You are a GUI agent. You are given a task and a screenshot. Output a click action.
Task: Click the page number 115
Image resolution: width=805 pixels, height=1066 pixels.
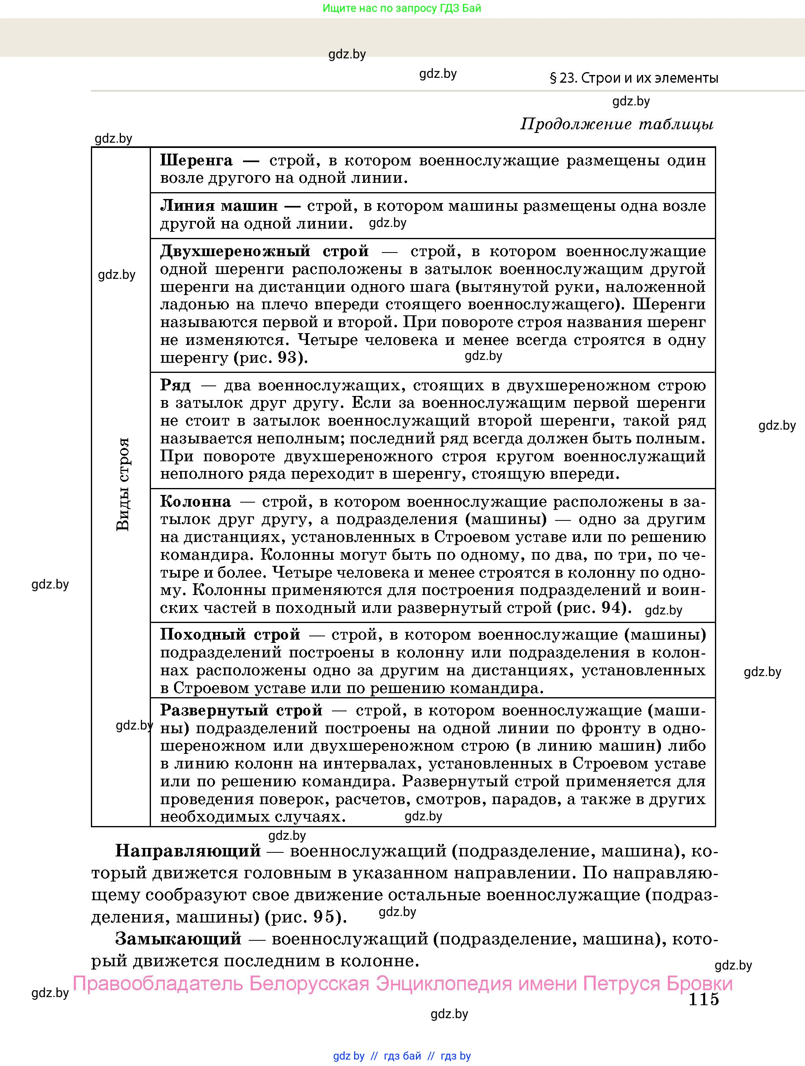[x=704, y=999]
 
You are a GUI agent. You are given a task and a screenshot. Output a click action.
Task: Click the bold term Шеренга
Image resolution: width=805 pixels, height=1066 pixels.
[x=196, y=160]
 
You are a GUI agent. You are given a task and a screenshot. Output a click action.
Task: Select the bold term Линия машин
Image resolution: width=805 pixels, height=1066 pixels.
[x=218, y=206]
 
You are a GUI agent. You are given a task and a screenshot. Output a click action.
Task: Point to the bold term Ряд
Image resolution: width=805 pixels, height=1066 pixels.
[x=176, y=385]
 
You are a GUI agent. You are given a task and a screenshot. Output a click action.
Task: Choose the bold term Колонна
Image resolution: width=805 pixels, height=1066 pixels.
[x=195, y=502]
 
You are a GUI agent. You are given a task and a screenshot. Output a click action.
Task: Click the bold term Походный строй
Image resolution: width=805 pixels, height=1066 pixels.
[x=230, y=634]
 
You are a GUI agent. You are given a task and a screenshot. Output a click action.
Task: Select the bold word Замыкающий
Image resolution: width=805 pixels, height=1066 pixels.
[x=178, y=938]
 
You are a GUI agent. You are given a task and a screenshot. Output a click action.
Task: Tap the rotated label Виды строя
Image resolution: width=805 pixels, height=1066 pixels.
[x=123, y=484]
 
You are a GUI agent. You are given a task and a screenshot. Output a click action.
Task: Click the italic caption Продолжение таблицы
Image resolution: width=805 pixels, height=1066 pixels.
[x=617, y=124]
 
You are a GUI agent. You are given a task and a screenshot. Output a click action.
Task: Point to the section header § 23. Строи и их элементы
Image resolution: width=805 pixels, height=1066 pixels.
[x=634, y=78]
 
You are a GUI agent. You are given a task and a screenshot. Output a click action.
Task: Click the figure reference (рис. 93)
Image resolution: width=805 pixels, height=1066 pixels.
[x=271, y=357]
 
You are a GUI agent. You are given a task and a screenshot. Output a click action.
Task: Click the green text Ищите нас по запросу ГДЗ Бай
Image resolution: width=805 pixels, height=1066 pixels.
[x=402, y=8]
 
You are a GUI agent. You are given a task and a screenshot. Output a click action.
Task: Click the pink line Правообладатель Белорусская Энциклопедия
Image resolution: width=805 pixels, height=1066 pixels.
[x=402, y=983]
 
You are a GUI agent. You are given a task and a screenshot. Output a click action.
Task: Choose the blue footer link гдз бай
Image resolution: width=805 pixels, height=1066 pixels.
[x=402, y=1056]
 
